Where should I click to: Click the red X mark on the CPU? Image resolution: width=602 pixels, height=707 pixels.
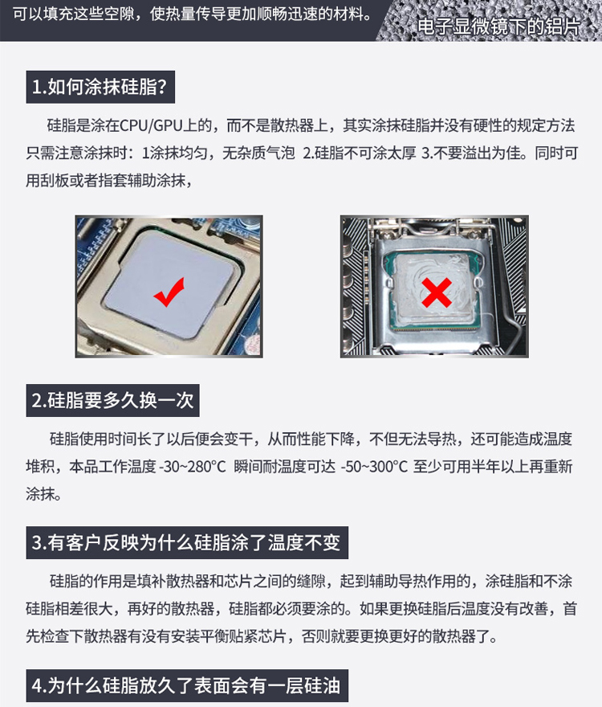pyautogui.click(x=437, y=292)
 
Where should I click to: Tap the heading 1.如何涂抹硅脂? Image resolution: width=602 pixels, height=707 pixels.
pyautogui.click(x=100, y=87)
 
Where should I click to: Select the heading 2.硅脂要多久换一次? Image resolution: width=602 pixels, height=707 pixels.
pyautogui.click(x=112, y=400)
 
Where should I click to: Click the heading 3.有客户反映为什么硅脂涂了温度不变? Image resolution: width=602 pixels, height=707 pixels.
pyautogui.click(x=186, y=542)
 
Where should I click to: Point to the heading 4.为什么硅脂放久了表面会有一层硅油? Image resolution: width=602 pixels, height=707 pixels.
pyautogui.click(x=186, y=685)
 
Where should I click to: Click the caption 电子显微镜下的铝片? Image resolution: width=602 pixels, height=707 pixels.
pyautogui.click(x=498, y=27)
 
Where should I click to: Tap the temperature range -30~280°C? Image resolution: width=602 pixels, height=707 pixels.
pyautogui.click(x=193, y=466)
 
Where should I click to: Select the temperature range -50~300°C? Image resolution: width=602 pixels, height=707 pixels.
pyautogui.click(x=375, y=466)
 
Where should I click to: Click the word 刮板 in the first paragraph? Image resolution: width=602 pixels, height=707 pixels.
pyautogui.click(x=55, y=180)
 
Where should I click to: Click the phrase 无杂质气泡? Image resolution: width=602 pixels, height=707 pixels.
pyautogui.click(x=258, y=153)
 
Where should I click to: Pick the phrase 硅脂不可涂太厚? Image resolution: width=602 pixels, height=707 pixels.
pyautogui.click(x=365, y=153)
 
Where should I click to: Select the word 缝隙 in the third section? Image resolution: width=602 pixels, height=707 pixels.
pyautogui.click(x=311, y=581)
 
